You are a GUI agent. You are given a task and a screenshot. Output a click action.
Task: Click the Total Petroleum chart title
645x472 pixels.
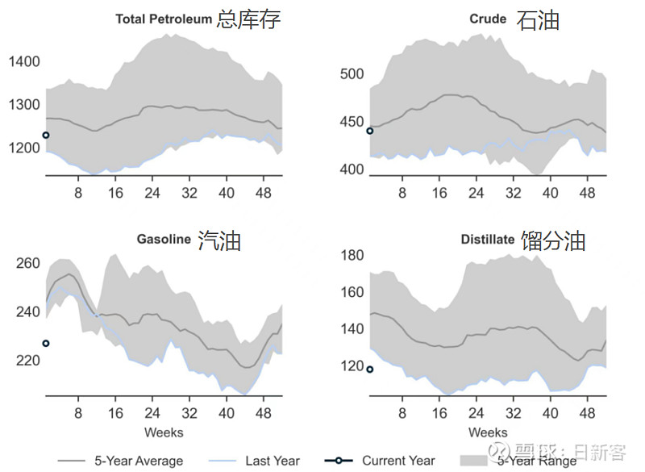pos(198,19)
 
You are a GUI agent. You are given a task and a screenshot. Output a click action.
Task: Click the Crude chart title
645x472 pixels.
pos(513,19)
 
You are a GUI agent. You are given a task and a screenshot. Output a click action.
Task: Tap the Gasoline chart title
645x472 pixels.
pos(188,240)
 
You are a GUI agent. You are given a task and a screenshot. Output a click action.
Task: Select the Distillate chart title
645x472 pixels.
pos(522,240)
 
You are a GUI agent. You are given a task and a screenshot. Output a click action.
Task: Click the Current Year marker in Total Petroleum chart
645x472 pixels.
pos(46,136)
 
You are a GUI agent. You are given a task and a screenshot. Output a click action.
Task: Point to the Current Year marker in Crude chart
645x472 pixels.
pos(370,131)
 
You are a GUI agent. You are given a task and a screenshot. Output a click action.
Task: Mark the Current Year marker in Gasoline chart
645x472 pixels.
pos(46,344)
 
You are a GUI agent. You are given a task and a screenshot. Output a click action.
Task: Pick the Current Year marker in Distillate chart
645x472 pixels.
pos(370,370)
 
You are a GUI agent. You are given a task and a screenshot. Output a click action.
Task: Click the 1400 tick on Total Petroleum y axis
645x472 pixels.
pos(23,62)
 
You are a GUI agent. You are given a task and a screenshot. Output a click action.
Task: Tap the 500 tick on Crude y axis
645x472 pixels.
pos(352,75)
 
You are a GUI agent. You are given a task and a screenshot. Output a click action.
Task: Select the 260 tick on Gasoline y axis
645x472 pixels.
pos(27,264)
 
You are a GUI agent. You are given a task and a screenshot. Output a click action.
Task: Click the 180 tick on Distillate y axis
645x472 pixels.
pos(352,256)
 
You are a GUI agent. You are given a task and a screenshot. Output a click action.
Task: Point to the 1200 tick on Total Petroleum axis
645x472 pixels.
pos(23,148)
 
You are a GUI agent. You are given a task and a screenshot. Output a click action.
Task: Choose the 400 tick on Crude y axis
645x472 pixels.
pos(352,170)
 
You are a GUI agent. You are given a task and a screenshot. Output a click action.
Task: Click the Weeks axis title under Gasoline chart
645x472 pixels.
pos(164,432)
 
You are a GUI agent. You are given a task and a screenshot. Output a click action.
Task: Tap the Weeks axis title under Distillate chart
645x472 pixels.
pos(488,432)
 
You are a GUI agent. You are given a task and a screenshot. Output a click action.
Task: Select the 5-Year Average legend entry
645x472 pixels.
pos(121,461)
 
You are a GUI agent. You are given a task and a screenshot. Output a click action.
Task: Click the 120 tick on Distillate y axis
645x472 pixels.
pos(352,366)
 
